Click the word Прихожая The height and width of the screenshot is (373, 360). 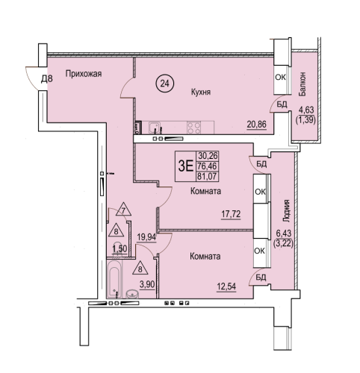pos(84,74)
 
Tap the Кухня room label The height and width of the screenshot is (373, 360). pos(201,92)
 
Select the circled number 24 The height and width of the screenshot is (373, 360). pos(165,84)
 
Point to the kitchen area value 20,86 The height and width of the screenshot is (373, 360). pos(257,124)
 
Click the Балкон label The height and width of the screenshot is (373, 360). pos(302,84)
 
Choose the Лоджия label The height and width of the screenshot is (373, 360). pos(287,211)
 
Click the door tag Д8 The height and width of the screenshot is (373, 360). pos(47,79)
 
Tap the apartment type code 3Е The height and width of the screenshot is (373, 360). pos(186,166)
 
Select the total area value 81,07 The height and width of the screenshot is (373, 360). pos(207,176)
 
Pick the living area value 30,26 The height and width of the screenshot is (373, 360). pos(208,156)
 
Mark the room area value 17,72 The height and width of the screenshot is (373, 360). pos(231,214)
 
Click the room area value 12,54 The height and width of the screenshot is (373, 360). pos(226,286)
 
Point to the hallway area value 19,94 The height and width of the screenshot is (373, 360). pos(146,237)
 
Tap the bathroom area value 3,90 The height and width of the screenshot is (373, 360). pos(147,284)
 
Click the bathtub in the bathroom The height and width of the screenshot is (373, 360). pos(116,280)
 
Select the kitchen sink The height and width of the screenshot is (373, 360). pos(155,128)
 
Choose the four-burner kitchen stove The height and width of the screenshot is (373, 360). pos(194,128)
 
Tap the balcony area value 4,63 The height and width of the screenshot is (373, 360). pos(306,110)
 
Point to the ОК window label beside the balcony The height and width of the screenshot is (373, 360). pos(280,78)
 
